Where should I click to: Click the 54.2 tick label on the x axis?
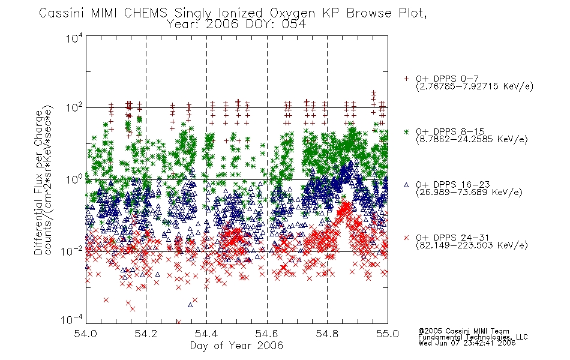[146, 334]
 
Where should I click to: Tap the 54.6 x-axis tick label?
[267, 334]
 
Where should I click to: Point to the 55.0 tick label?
[388, 334]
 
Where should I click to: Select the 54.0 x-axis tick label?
[85, 334]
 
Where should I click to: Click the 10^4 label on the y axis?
[74, 38]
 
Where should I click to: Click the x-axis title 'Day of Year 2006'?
[236, 346]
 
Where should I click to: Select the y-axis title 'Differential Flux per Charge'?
[38, 182]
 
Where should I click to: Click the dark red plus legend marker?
[406, 79]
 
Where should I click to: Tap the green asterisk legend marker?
[406, 131]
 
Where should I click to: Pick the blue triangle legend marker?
[406, 185]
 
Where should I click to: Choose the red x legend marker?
[406, 238]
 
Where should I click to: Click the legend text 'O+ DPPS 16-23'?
[453, 185]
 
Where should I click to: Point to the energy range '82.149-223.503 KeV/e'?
[472, 245]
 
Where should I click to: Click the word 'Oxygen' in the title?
[292, 13]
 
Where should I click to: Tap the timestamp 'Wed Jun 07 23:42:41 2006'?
[467, 343]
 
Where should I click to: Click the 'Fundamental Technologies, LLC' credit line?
[473, 337]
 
